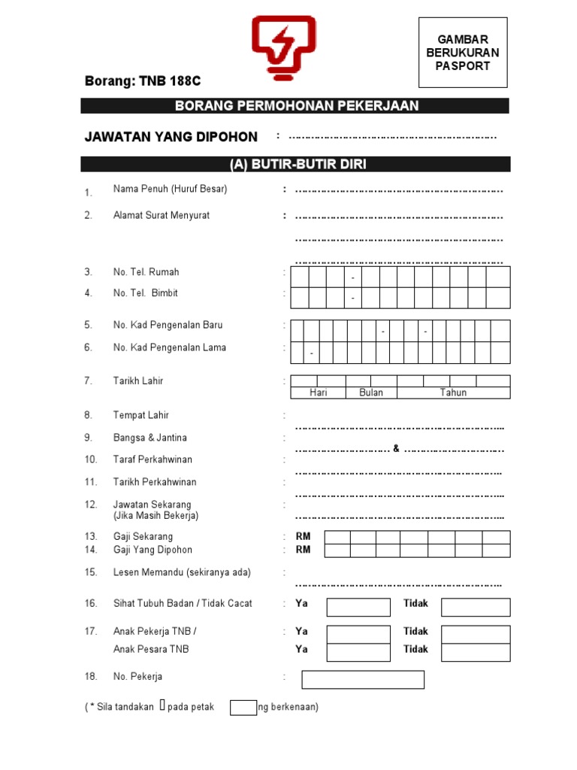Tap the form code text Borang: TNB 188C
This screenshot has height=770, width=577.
pos(143,81)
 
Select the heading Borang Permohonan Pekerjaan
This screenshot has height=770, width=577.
pos(296,106)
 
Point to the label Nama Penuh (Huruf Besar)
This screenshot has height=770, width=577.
pos(170,189)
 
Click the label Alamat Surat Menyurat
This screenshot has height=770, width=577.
pos(162,215)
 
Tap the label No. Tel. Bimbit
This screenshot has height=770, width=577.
pos(146,293)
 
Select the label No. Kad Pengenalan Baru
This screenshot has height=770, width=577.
pos(168,326)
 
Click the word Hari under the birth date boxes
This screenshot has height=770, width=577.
pos(318,393)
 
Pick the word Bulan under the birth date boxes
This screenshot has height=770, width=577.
pos(370,393)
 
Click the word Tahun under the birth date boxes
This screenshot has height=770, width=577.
pos(453,393)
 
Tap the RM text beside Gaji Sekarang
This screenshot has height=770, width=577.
pos(303,537)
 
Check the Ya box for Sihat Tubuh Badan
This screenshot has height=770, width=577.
pos(358,607)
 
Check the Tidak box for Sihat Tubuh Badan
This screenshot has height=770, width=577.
pos(475,607)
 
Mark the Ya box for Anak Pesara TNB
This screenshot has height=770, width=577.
pos(358,652)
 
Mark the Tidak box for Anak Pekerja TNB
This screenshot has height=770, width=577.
pos(475,634)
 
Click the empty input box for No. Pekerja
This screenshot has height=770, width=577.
pos(363,680)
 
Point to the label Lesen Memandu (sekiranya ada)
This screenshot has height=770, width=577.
pos(182,573)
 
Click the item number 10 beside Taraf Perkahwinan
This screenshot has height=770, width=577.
pos(91,459)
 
